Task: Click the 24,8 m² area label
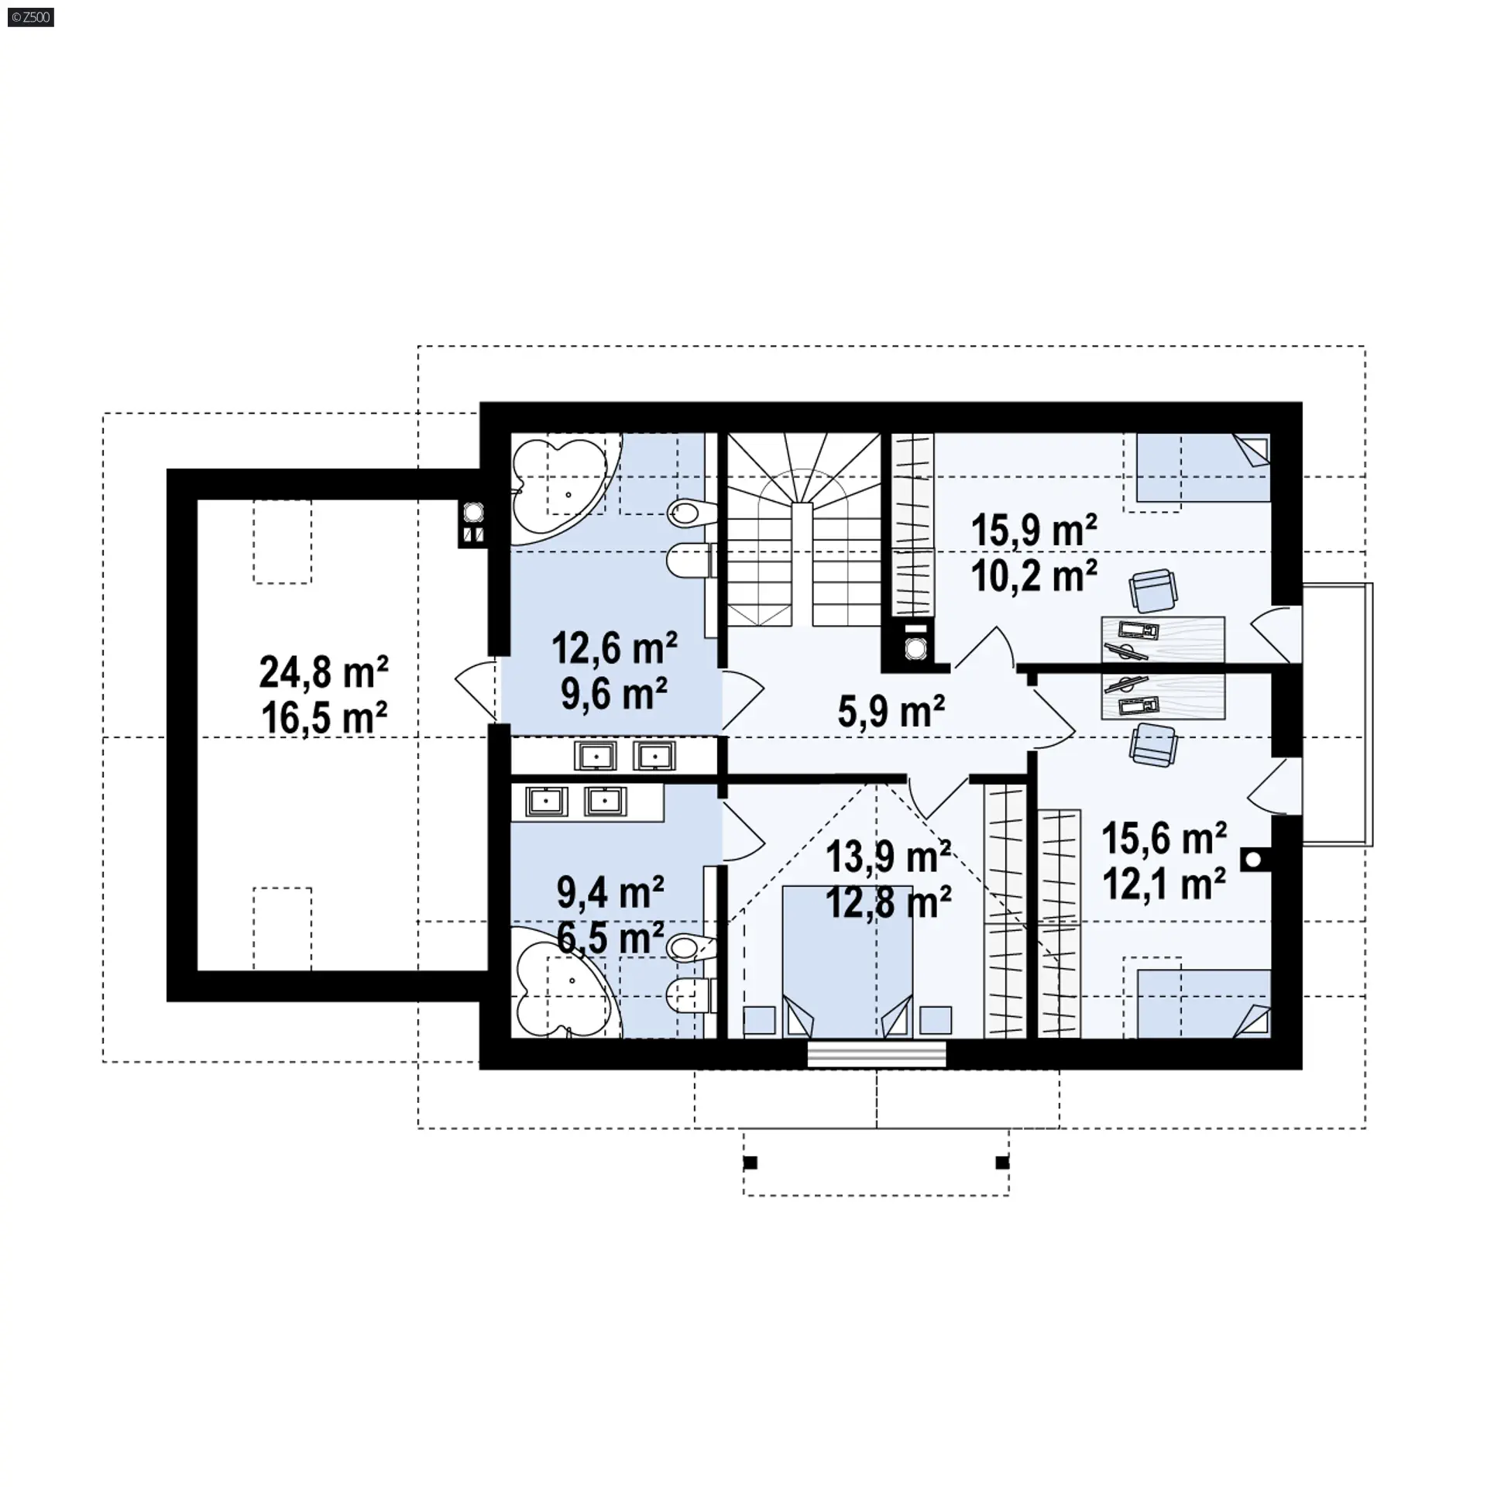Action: [324, 672]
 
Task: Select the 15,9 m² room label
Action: [1034, 531]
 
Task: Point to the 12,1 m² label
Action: [1164, 884]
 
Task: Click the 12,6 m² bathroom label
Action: [615, 647]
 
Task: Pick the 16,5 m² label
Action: [324, 718]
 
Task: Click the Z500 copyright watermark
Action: [30, 17]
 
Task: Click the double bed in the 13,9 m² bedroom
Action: [847, 962]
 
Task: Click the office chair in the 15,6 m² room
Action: [1153, 745]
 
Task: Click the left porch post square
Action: [750, 1162]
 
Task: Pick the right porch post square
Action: [1002, 1162]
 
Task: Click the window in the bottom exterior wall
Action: [877, 1054]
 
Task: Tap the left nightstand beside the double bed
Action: [759, 1020]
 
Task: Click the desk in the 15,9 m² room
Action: [1163, 639]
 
